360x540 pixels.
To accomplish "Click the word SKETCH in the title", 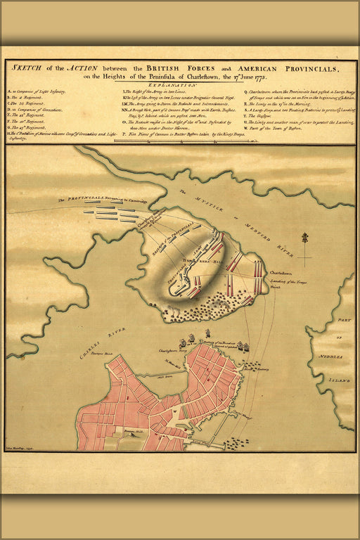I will click(x=25, y=68).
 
